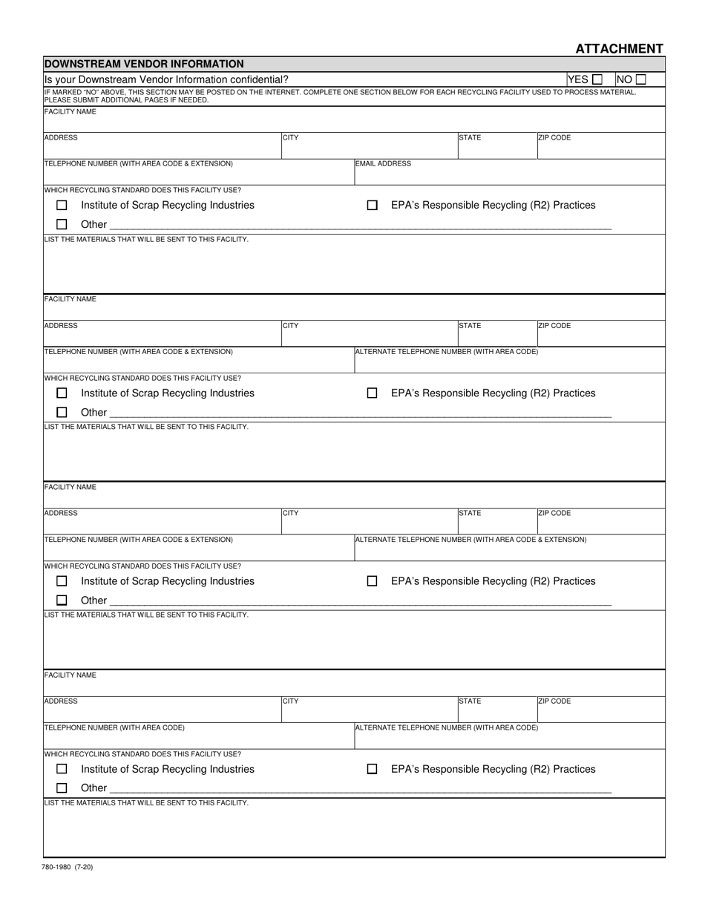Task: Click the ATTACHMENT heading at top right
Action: (619, 49)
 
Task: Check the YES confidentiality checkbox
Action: (597, 79)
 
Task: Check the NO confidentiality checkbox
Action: (640, 79)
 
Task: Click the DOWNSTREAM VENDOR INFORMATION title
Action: (144, 65)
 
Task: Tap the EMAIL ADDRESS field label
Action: (383, 163)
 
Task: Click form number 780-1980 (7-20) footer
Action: (68, 866)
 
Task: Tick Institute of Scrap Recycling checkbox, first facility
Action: (62, 206)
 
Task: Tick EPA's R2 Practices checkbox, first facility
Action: (373, 206)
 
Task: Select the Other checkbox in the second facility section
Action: (62, 412)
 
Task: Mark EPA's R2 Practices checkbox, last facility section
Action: (373, 770)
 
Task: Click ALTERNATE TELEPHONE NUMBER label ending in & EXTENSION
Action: (470, 540)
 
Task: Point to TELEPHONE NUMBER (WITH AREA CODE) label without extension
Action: (114, 727)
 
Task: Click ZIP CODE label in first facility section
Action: (554, 138)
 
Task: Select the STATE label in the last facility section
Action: (470, 701)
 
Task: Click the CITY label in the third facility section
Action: (290, 514)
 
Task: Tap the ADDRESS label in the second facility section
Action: (61, 326)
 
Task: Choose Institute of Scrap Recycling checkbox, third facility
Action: (62, 581)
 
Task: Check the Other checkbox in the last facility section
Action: (62, 788)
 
